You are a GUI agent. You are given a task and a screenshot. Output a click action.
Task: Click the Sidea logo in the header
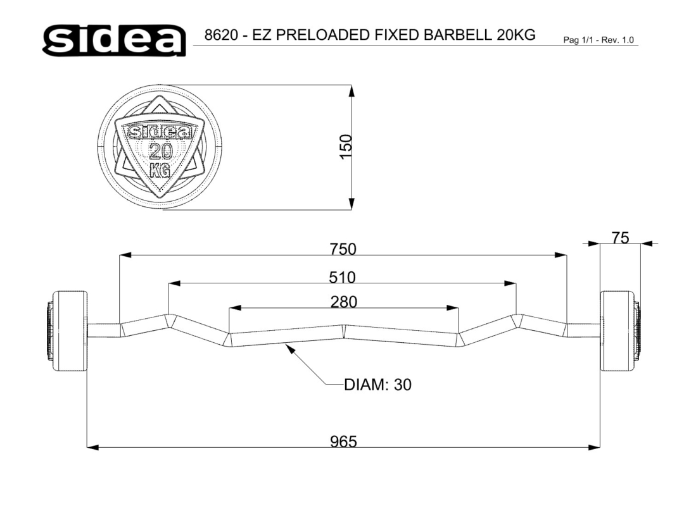point(114,40)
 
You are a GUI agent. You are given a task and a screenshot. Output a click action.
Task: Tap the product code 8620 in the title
point(221,35)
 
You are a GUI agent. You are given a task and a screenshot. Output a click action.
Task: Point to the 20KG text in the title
point(516,35)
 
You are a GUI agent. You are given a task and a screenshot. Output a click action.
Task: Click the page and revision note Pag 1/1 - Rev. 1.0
point(599,40)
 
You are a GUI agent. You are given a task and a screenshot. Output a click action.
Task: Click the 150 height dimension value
point(346,147)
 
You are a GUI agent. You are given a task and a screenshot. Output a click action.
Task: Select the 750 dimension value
point(343,249)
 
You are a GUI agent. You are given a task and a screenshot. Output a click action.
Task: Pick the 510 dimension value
point(343,277)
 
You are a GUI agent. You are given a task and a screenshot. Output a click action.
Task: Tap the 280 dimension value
point(344,302)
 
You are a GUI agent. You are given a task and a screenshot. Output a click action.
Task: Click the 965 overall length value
point(343,441)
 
